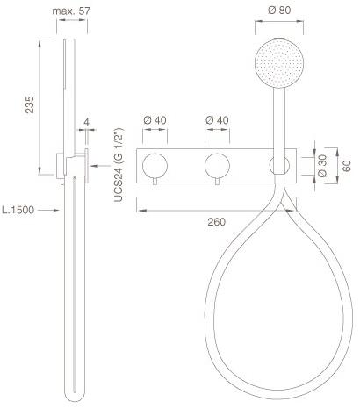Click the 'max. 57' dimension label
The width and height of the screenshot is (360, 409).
[x=71, y=11]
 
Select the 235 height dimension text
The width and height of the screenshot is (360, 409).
[x=30, y=104]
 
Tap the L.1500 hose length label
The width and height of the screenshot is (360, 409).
[x=18, y=210]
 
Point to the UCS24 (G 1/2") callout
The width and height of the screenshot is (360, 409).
[x=119, y=165]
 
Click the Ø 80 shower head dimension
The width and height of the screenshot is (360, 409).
[x=279, y=11]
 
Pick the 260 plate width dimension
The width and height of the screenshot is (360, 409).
[x=217, y=222]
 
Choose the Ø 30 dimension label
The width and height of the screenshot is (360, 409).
[x=322, y=166]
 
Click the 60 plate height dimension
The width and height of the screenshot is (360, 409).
[x=346, y=166]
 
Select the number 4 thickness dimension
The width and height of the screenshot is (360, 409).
[x=86, y=122]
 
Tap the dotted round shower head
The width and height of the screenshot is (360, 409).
[x=279, y=63]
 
